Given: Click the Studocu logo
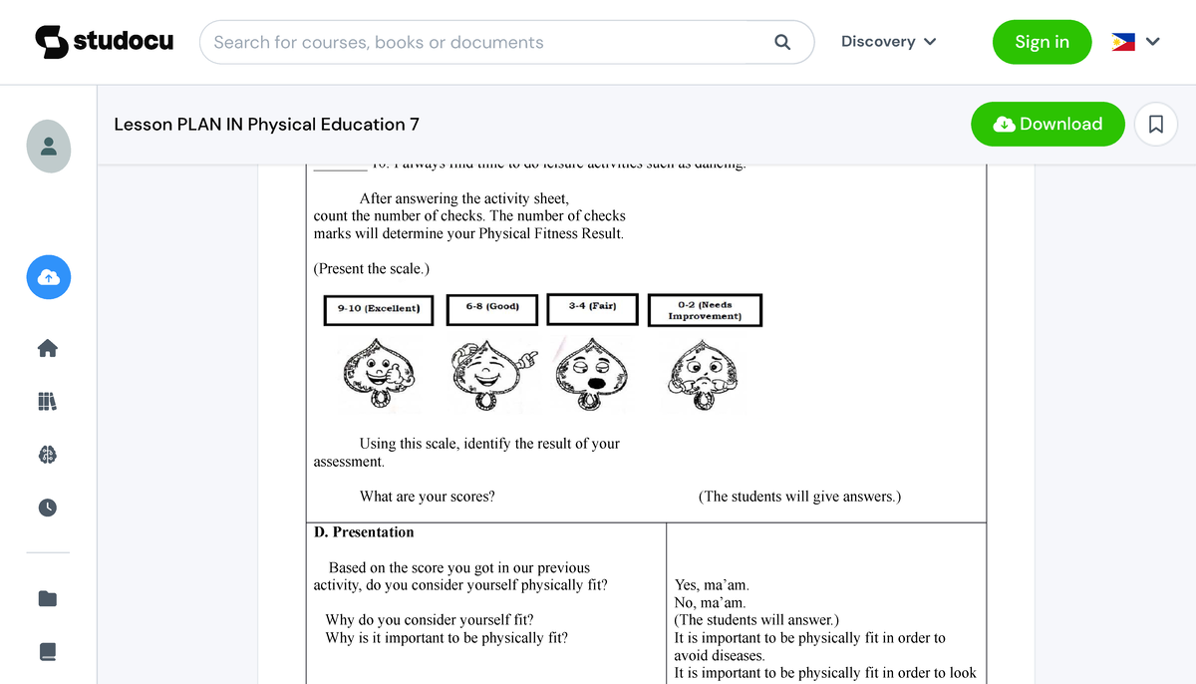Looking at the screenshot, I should pos(104,41).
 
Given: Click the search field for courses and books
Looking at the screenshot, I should pos(488,42).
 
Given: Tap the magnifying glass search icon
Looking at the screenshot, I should pos(782,42).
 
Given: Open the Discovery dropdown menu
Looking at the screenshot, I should pos(888,42).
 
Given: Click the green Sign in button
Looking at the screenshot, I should pos(1042,42).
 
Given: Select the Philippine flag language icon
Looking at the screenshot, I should pos(1123,42).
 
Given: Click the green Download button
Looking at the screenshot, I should pos(1047,124).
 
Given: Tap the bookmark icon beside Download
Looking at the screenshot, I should pos(1156,125).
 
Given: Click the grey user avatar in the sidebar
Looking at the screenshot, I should pos(48,146).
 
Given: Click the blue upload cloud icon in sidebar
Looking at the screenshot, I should pos(48,279).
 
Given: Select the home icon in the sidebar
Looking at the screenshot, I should pos(48,348).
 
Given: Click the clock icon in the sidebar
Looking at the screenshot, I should pos(48,508).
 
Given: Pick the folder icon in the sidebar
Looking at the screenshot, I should pos(48,598).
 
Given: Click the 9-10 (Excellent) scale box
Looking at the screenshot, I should pos(379,309).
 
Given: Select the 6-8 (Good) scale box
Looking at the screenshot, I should pos(492,308).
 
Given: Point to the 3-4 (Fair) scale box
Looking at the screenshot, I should pos(592,308).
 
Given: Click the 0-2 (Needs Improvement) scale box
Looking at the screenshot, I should pos(705,310).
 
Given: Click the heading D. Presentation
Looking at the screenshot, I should pos(364,532).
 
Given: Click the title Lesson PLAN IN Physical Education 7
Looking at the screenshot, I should pos(266,125).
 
